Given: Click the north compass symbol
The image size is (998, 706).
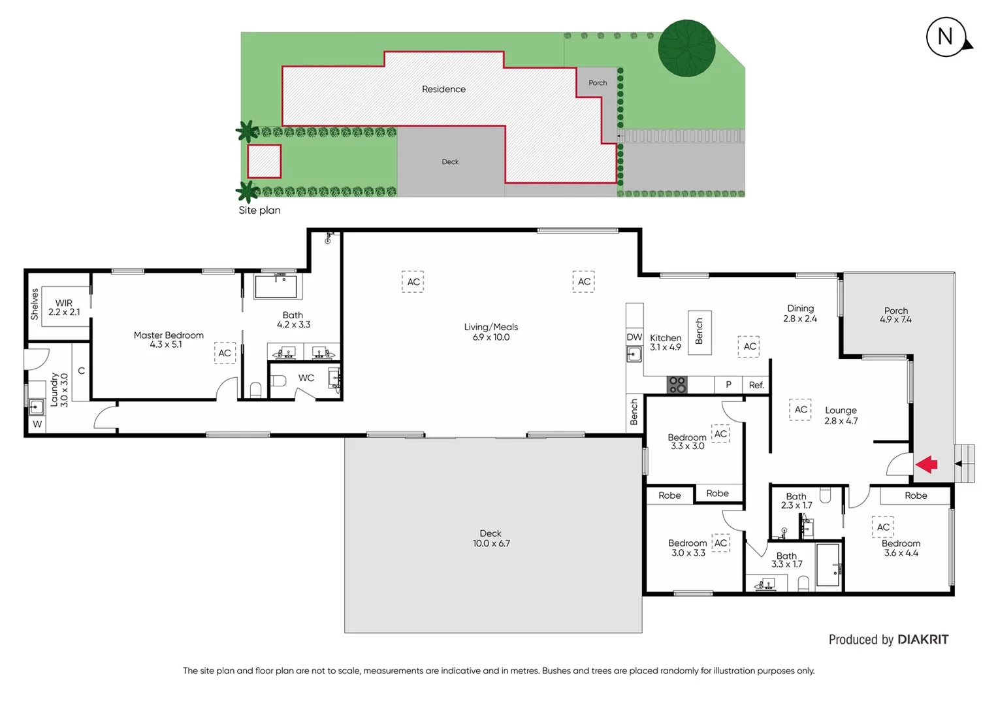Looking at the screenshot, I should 946,37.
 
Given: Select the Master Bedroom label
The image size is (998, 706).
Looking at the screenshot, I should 169,339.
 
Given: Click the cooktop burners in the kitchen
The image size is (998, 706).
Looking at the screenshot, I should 677,384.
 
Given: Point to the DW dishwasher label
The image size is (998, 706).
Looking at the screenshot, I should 634,337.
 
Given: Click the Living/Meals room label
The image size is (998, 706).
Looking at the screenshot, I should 491,331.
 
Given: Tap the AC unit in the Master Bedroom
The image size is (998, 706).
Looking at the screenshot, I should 225,353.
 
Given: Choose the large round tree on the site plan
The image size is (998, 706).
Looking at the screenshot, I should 686,48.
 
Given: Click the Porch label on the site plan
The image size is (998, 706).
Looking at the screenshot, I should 597,83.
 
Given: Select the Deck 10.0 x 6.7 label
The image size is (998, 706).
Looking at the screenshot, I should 491,538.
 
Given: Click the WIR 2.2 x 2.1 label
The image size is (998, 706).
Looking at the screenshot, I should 64,307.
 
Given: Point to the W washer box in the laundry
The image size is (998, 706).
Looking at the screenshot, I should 37,424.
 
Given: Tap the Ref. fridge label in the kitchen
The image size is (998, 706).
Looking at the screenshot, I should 756,385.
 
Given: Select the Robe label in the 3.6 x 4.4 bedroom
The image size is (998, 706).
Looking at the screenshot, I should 916,496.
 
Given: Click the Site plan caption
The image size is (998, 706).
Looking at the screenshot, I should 259,210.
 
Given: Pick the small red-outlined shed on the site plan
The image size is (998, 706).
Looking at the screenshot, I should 264,161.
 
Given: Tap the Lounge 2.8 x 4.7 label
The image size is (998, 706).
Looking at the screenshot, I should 841,415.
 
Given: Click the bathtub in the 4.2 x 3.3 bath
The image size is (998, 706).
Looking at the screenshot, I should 275,287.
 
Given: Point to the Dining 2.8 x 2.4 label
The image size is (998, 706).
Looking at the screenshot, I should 800,313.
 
